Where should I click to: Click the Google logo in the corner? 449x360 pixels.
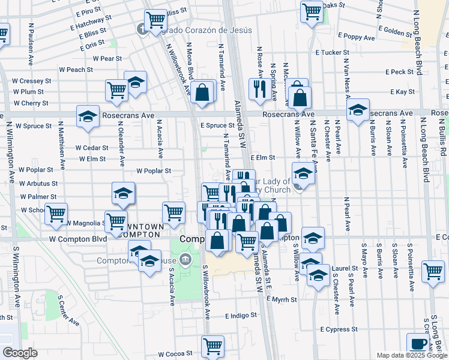[x=20, y=353]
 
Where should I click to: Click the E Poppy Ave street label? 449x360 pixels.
[x=357, y=37]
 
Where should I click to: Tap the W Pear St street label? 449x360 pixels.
[x=107, y=59]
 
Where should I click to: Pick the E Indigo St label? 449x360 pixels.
[x=241, y=315]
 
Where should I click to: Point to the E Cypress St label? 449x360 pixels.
[x=339, y=329]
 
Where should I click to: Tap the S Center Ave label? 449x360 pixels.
[x=68, y=310]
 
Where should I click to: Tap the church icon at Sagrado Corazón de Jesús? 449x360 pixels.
[x=142, y=28]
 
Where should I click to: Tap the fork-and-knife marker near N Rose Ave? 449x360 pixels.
[x=259, y=89]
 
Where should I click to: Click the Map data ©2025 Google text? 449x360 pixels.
[x=411, y=355]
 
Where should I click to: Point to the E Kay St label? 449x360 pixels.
[x=403, y=92]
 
